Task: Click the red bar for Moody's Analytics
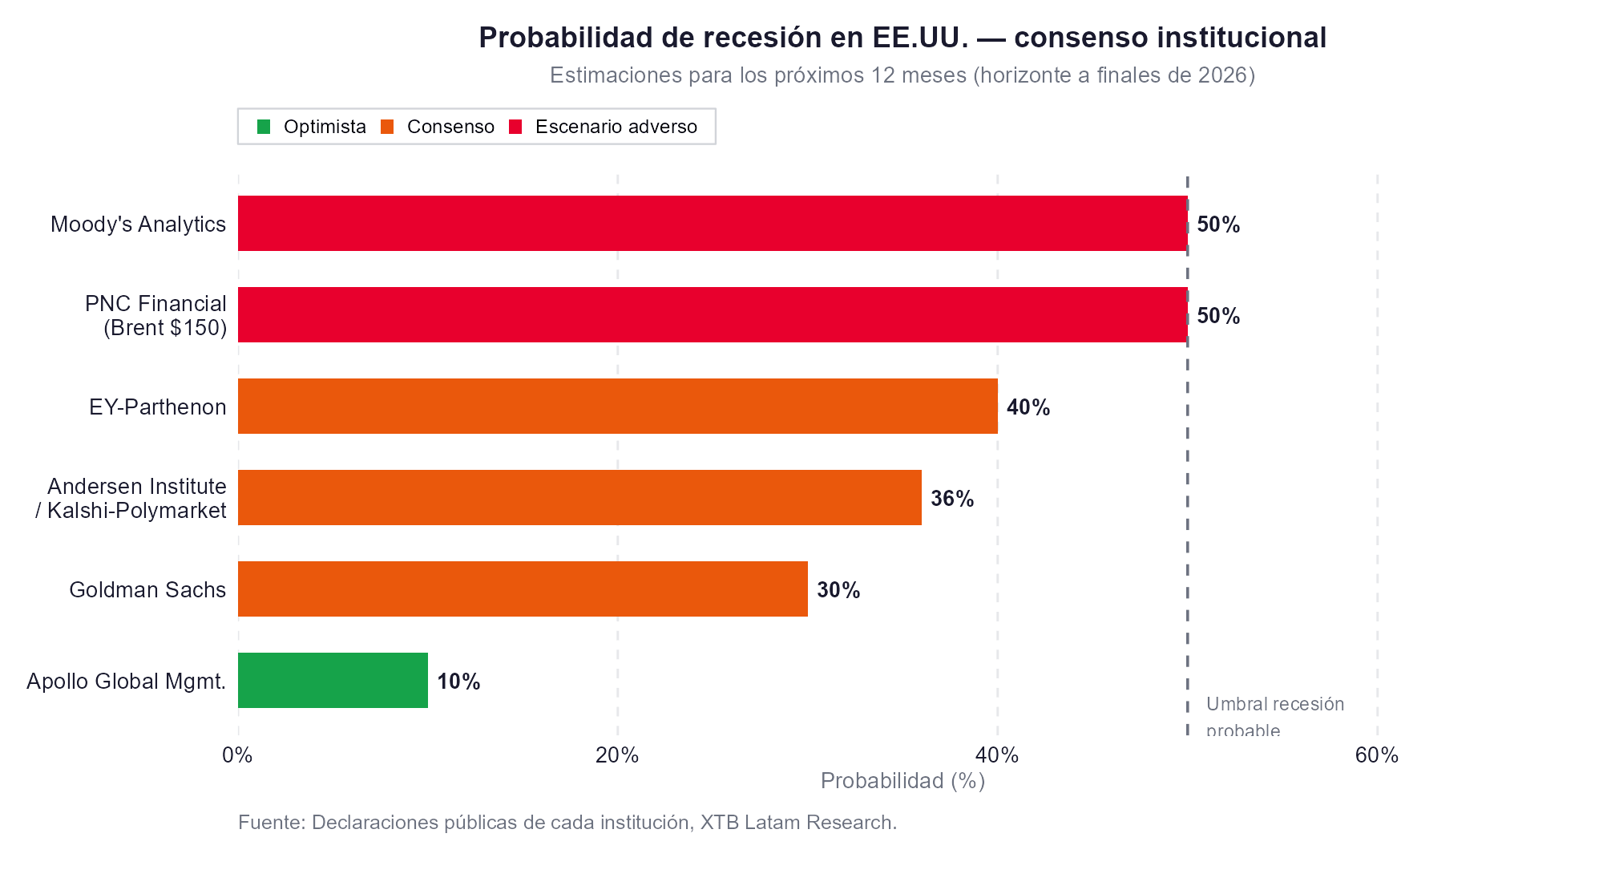(x=712, y=224)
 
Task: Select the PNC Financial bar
(x=712, y=315)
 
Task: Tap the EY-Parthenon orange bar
(x=617, y=407)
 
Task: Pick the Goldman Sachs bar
(x=523, y=589)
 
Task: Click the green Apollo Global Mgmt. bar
(x=333, y=681)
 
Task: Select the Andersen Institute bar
(x=579, y=498)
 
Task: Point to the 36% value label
(x=952, y=499)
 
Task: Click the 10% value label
(x=458, y=682)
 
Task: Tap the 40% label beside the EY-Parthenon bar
(x=1028, y=407)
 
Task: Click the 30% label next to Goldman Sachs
(x=838, y=590)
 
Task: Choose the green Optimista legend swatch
(x=264, y=127)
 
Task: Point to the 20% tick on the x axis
(x=617, y=755)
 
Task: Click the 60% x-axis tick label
(x=1376, y=755)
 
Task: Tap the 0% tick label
(x=237, y=755)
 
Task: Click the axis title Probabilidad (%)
(x=902, y=781)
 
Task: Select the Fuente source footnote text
(x=567, y=823)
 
